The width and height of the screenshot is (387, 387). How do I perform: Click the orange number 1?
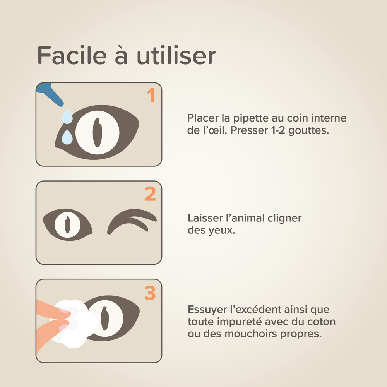[x=151, y=95]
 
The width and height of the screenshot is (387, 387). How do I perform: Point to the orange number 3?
[x=150, y=293]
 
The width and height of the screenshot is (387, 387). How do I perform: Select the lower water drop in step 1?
[x=67, y=137]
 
